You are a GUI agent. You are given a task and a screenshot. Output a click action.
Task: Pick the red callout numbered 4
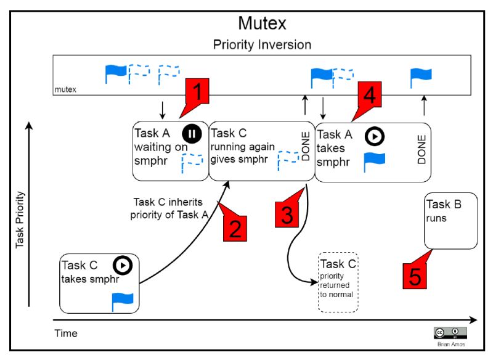coord(370,96)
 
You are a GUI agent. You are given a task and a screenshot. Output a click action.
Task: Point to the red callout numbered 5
coord(416,275)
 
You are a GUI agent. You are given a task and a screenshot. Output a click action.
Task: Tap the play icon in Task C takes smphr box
coord(123,265)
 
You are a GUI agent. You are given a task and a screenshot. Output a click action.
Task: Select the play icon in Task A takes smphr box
coord(374,135)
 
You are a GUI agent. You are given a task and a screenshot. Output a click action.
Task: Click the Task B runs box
coord(450,220)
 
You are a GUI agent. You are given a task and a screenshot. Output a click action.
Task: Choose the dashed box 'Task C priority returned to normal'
coord(337,283)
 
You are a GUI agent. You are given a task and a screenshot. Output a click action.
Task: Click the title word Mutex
coord(262,23)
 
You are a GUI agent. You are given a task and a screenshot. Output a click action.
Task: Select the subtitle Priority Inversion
coord(262,44)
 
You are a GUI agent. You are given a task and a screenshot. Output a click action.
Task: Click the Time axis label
coord(66,333)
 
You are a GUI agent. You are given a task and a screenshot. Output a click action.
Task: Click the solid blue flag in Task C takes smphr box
coord(122,301)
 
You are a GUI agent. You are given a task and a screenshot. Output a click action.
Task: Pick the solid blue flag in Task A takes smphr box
coord(374,161)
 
